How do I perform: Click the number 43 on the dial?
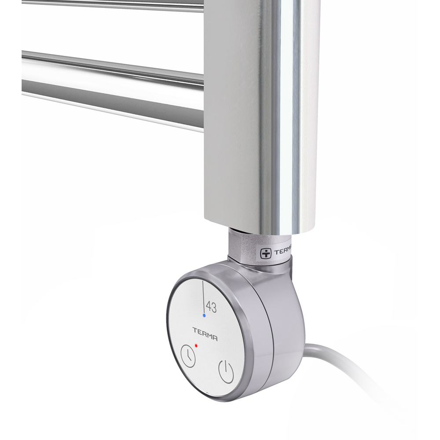click(211, 307)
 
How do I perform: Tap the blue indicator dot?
click(204, 316)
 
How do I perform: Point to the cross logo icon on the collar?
click(266, 253)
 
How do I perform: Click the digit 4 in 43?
click(208, 307)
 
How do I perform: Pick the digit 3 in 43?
click(214, 307)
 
